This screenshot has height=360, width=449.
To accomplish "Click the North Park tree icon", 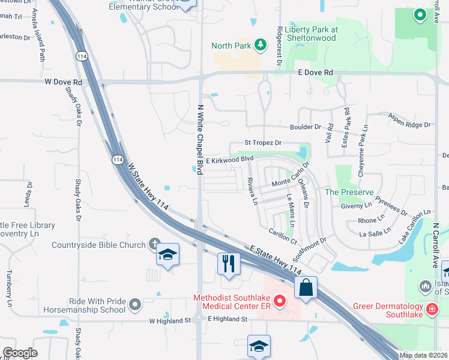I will click(260, 44).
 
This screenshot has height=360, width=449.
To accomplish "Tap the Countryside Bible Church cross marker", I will click(154, 244).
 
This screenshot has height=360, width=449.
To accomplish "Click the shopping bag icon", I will click(306, 287).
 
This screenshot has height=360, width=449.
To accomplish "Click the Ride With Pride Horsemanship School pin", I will click(134, 305).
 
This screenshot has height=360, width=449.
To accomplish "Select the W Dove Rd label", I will click(63, 82).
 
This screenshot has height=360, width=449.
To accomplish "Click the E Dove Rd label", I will click(316, 73).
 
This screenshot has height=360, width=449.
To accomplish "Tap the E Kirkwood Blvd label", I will click(230, 160).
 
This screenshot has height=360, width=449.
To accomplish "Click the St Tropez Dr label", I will click(263, 143).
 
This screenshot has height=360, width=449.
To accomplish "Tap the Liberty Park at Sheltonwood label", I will click(312, 34).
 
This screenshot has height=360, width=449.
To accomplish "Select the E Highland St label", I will click(228, 319).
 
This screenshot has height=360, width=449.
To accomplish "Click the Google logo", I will click(20, 353).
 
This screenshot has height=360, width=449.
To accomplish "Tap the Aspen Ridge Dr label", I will click(410, 120).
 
